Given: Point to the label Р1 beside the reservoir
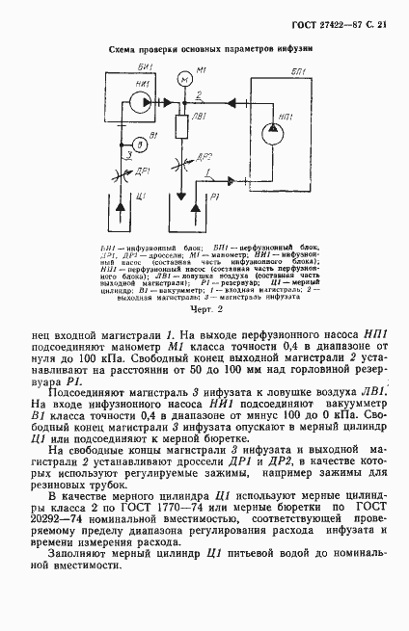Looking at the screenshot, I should pyautogui.click(x=213, y=197).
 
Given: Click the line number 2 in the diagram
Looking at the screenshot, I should pyautogui.click(x=200, y=93).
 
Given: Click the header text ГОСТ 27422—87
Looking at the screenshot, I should pyautogui.click(x=334, y=20).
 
